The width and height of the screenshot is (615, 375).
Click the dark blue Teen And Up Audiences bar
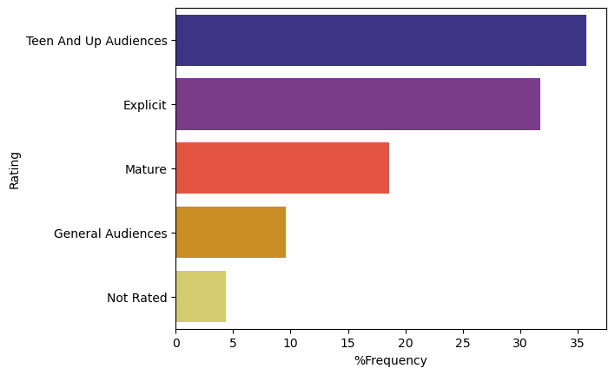coord(380,40)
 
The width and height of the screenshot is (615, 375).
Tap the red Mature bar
coord(282,168)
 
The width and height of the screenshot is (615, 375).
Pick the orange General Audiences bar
coord(230,233)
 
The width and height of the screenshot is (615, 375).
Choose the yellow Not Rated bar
coord(201,297)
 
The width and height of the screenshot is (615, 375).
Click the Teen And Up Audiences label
coord(96,41)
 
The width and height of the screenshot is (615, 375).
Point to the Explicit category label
coord(145,105)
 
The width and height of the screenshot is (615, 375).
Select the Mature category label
coord(146,169)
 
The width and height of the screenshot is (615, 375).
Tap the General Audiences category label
coord(110,234)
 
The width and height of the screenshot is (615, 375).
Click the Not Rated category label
coord(137,298)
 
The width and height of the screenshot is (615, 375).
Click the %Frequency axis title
coord(390,360)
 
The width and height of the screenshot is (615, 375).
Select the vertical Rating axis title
coord(15,170)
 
